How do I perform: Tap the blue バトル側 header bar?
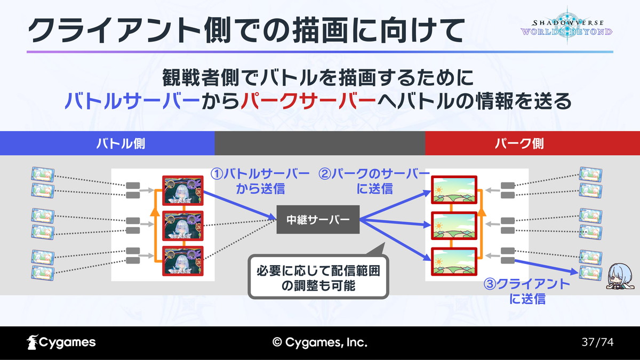click(107, 143)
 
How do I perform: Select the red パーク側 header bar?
click(532, 143)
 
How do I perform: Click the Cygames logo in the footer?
click(61, 342)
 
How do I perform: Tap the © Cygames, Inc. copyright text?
click(319, 342)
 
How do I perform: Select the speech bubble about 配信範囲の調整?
click(319, 278)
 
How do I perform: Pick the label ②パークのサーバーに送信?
click(374, 181)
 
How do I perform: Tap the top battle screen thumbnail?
click(183, 190)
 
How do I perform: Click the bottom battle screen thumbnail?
click(183, 260)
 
